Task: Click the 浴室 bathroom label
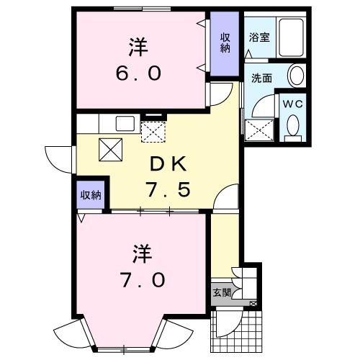(259, 37)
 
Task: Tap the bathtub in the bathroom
(291, 37)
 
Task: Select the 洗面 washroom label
(261, 78)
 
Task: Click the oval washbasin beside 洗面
(297, 75)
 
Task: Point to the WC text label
(293, 104)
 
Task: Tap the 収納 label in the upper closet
(225, 43)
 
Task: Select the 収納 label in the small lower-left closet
(91, 195)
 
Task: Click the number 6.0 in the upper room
(138, 73)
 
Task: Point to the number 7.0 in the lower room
(143, 280)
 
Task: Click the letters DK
(168, 163)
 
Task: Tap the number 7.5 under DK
(168, 189)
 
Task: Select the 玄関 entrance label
(222, 292)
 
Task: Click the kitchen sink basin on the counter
(125, 123)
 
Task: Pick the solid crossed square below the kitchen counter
(111, 150)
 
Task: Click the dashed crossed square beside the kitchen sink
(153, 132)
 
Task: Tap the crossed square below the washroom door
(259, 130)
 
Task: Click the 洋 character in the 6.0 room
(139, 47)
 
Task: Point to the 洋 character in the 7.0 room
(143, 253)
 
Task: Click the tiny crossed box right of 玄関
(253, 304)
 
